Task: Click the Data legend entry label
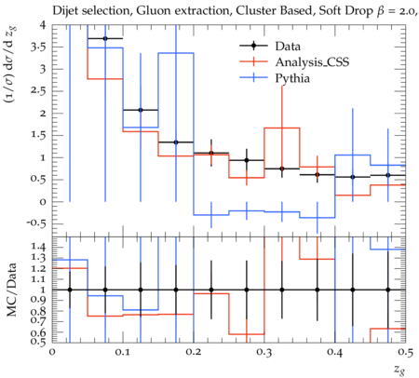[288, 47]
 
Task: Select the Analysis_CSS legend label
[312, 62]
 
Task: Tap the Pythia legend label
[292, 78]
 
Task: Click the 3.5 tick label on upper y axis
[38, 47]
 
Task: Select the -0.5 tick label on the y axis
[36, 223]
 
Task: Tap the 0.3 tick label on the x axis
[264, 352]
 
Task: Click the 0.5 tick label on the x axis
[405, 352]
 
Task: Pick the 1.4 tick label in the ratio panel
[38, 247]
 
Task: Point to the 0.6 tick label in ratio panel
[38, 332]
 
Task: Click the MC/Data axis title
[11, 290]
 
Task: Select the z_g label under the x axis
[399, 369]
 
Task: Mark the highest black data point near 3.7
[105, 38]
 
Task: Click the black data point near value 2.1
[141, 110]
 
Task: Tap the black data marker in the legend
[253, 46]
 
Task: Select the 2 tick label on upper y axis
[43, 114]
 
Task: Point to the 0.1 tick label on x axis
[123, 352]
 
